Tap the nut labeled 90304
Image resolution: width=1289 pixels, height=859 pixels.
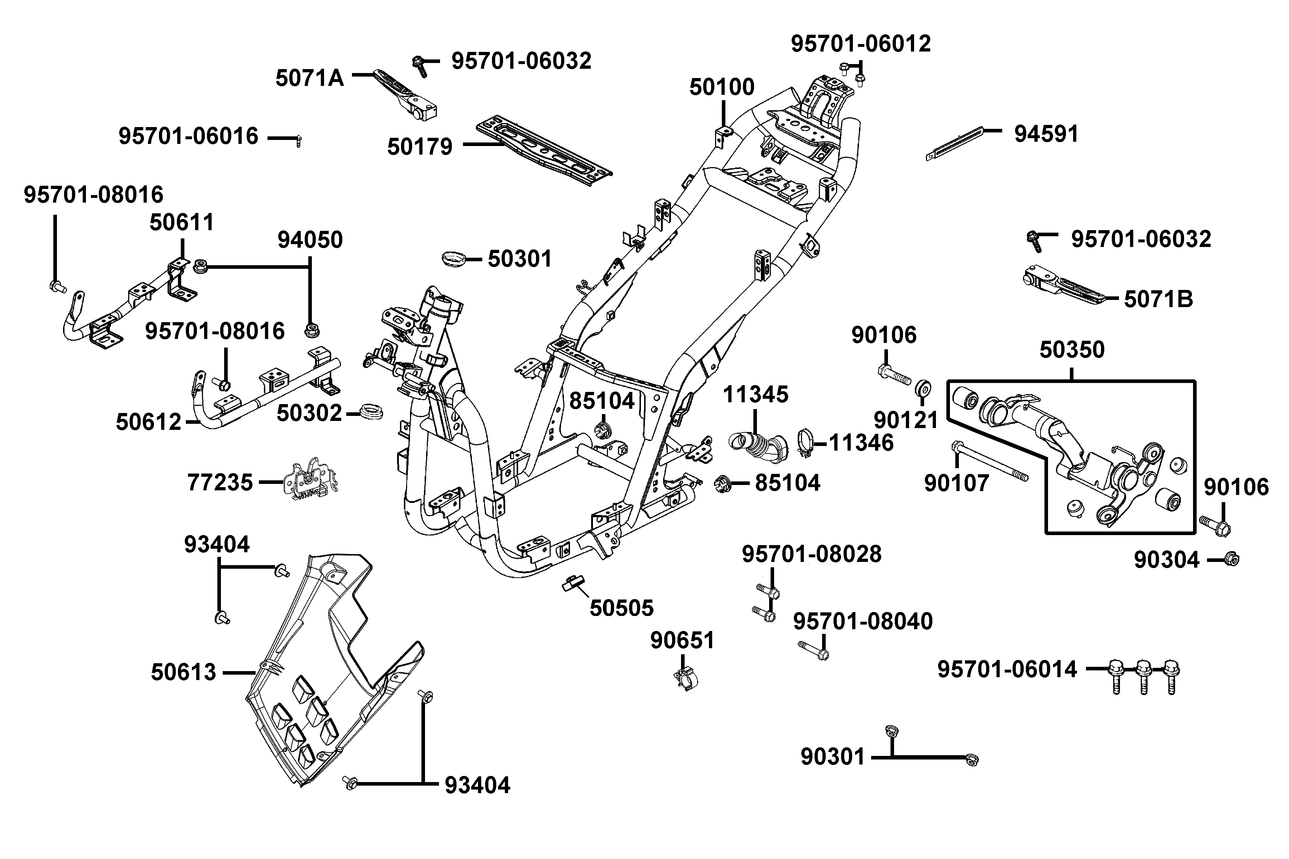coord(1231,559)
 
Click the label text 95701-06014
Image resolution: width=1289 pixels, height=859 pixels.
coord(1007,669)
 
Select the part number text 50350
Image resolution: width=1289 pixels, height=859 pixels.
coord(1072,350)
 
